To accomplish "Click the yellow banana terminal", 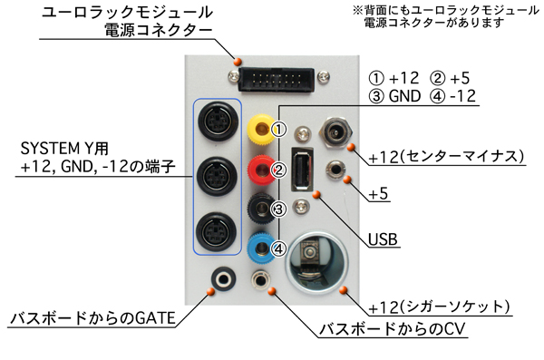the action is tap(260, 130).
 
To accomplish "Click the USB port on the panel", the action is tap(302, 170).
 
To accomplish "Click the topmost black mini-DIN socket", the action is tap(218, 122).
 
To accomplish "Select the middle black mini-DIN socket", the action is tap(218, 176).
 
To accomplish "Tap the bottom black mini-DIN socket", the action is tap(216, 231).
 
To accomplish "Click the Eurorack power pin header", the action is tap(277, 80).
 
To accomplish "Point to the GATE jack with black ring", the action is tap(224, 279).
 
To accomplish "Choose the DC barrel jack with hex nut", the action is tap(335, 132).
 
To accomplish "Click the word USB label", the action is tap(383, 239).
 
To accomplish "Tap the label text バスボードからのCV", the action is tap(392, 329).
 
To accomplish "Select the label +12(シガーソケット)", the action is tap(439, 306).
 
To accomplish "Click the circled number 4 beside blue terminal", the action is tap(279, 248).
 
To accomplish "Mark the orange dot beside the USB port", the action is tap(316, 194).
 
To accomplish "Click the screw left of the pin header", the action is tap(234, 76).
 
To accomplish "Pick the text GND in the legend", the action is tap(404, 96).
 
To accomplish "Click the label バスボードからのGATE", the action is tap(92, 318).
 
